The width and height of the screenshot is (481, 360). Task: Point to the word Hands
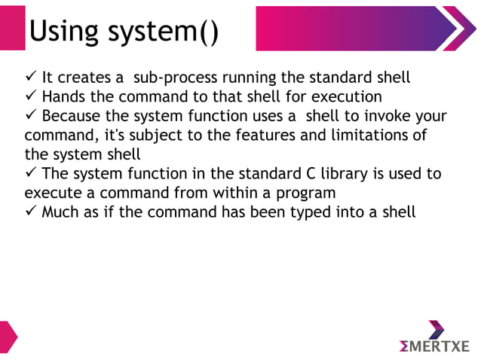click(63, 96)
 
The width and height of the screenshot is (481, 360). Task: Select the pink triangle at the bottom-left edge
click(7, 336)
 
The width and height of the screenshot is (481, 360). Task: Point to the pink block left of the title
click(12, 28)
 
